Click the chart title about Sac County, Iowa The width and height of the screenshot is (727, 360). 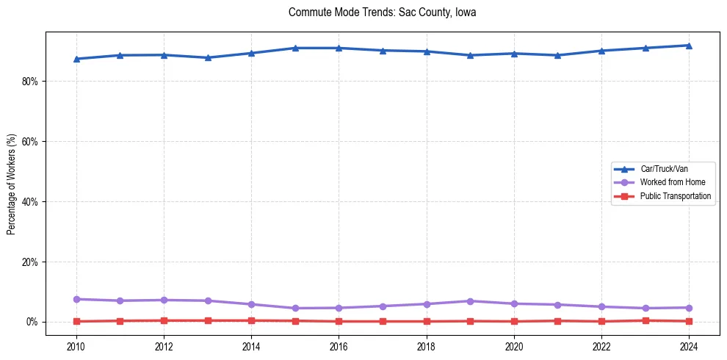click(x=383, y=12)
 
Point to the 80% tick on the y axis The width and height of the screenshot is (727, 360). click(x=29, y=82)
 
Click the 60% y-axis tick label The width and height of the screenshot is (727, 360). click(x=29, y=142)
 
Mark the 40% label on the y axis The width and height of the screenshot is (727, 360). click(x=29, y=202)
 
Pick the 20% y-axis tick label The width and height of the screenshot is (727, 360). click(x=29, y=262)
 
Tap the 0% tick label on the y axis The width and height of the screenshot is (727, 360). click(x=32, y=323)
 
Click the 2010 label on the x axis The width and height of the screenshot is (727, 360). click(x=76, y=346)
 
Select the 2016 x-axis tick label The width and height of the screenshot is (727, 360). click(x=339, y=346)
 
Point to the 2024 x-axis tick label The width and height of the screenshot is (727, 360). click(x=689, y=346)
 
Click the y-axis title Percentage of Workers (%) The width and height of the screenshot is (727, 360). click(x=11, y=184)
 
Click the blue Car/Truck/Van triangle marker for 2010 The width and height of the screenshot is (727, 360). click(x=76, y=59)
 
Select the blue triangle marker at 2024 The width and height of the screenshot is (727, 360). click(x=689, y=46)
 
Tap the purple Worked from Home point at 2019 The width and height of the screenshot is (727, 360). click(x=470, y=301)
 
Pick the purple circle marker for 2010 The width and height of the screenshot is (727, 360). click(x=76, y=299)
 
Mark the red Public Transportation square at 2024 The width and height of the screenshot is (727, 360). click(x=689, y=321)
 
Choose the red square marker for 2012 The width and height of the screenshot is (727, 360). click(x=164, y=320)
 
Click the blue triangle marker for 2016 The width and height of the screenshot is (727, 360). click(x=339, y=48)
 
